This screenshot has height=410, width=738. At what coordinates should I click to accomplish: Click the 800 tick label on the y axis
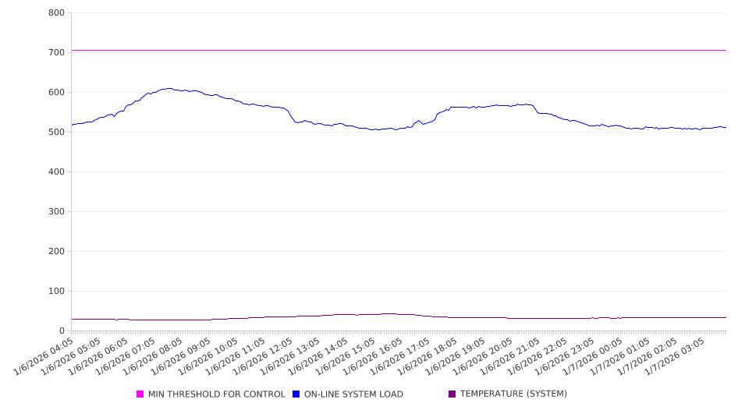coord(56,13)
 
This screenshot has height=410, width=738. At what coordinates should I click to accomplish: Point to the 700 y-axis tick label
coord(56,53)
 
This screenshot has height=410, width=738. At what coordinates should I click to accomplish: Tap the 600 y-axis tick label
coord(56,93)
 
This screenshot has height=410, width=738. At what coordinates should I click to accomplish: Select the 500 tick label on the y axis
coord(56,133)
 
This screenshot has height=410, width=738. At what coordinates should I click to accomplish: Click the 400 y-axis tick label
coord(56,172)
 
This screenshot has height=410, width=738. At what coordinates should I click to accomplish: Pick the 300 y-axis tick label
coord(56,212)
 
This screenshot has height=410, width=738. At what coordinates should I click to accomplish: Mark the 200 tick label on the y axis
coord(56,252)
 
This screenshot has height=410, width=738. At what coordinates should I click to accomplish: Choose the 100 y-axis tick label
coord(56,292)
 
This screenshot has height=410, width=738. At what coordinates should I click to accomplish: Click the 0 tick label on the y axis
coord(62,331)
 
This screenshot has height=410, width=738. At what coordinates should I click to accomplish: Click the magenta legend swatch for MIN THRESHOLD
coord(140,394)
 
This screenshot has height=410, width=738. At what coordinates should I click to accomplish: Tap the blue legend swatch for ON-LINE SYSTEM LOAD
coord(296,394)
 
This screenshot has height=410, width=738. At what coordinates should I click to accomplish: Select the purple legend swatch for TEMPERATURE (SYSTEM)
coord(452,394)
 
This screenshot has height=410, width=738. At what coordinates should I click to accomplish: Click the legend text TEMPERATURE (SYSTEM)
coord(513,394)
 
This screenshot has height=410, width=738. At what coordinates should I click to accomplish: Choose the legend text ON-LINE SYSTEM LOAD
coord(353,394)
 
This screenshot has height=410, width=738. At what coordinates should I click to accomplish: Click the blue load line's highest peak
coord(169,88)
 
